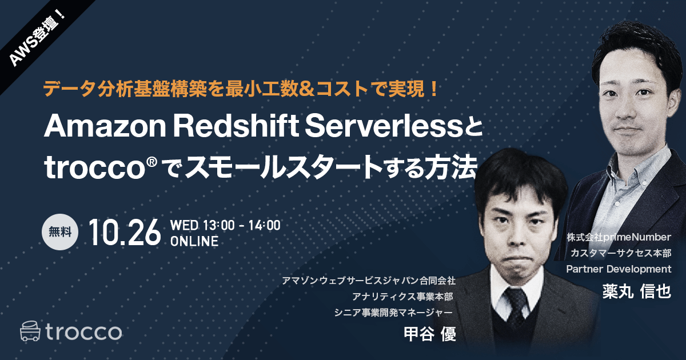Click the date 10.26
pos(124,233)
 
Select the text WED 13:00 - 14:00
pos(225,225)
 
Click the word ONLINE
pos(194,242)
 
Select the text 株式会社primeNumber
pos(619,237)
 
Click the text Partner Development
pos(619,269)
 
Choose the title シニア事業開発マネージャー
pos(394,312)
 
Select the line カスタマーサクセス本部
pos(620,253)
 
